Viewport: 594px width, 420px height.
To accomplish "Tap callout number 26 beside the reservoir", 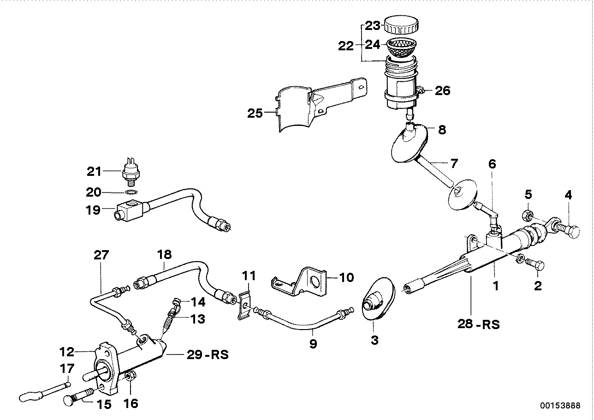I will point(442,90).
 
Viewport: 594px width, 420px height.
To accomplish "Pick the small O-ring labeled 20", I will point(131,192).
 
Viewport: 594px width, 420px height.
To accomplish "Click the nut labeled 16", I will point(130,378).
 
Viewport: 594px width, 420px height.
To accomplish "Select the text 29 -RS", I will point(208,355).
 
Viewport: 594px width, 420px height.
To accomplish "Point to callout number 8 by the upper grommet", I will point(441,130).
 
